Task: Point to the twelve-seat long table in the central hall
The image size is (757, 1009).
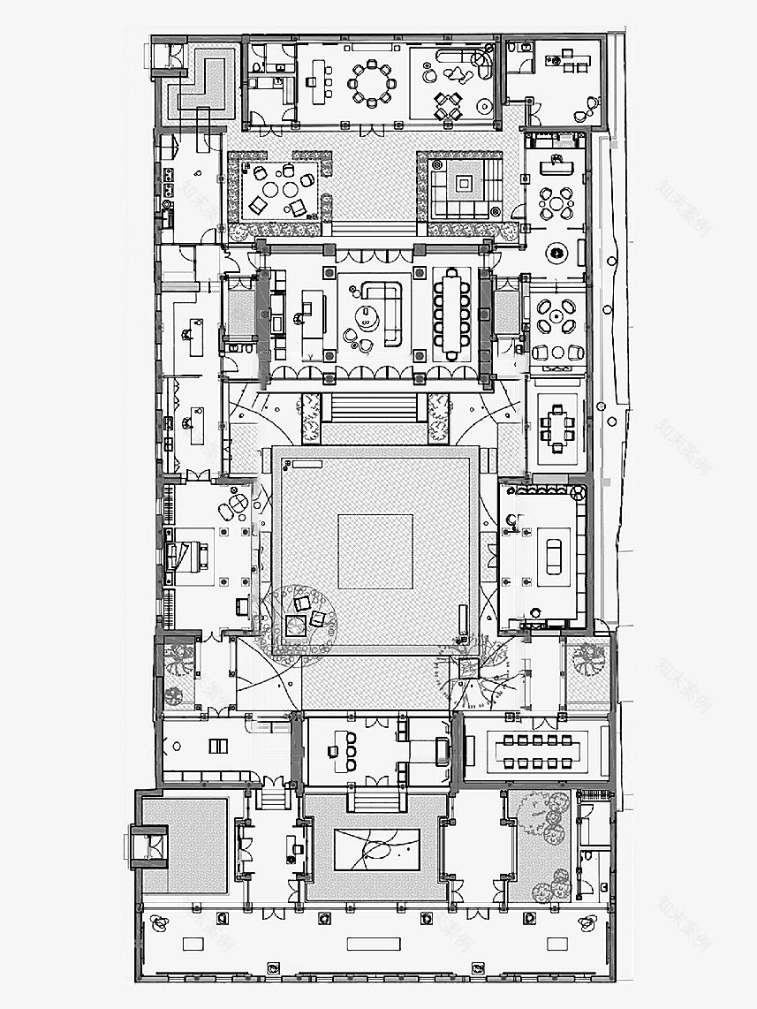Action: tap(451, 313)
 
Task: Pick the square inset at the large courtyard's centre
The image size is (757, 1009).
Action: tap(375, 552)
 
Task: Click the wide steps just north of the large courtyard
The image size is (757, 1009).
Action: tap(372, 407)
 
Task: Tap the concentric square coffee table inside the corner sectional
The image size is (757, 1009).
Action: tap(464, 185)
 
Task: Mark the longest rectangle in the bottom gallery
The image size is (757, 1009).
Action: tap(374, 944)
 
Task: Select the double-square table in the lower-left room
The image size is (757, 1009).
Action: tap(218, 746)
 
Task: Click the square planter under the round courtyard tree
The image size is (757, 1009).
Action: tap(295, 625)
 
